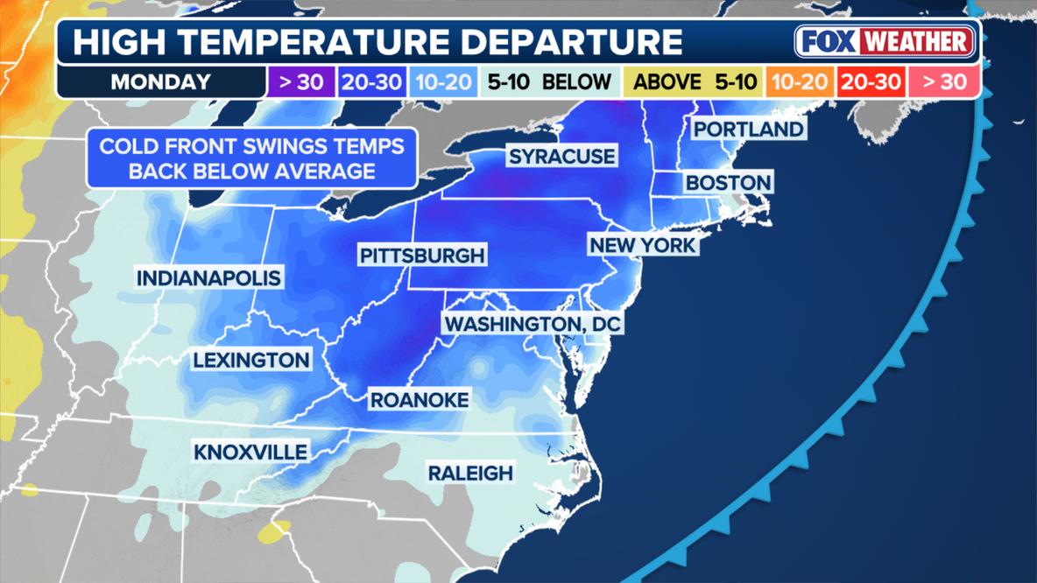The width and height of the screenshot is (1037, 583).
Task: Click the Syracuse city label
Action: [x=562, y=158]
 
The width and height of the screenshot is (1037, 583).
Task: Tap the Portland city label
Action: [x=747, y=130]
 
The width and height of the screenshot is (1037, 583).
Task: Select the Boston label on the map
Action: [x=728, y=183]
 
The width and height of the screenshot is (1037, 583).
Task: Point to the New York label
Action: [x=643, y=244]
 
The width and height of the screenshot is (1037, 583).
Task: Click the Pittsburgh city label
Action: [x=421, y=256]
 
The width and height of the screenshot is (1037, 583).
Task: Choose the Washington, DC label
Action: [x=533, y=324]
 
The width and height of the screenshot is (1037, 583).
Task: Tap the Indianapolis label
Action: [x=208, y=278]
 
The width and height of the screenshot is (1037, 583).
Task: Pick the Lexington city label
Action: [x=251, y=360]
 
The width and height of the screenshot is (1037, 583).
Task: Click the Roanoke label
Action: [x=420, y=399]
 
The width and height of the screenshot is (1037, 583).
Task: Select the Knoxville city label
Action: [x=250, y=452]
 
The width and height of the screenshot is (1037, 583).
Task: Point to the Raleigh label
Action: [x=469, y=473]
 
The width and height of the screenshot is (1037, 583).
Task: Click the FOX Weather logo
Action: [x=885, y=41]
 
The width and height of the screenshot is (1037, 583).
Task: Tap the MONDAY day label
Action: [x=160, y=82]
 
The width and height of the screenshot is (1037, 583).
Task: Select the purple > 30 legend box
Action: [x=300, y=82]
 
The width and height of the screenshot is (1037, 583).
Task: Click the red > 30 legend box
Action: [x=949, y=82]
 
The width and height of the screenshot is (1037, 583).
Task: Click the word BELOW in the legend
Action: [x=576, y=82]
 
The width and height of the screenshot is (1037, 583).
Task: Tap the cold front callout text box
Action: [x=251, y=158]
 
